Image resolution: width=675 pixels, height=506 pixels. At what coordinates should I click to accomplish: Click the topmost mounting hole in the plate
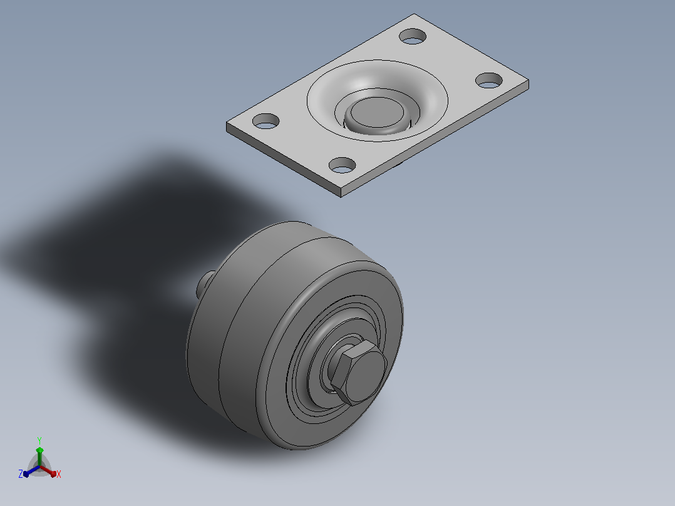[x=413, y=36]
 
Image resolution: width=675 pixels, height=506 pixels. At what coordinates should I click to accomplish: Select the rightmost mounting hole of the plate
[x=489, y=81]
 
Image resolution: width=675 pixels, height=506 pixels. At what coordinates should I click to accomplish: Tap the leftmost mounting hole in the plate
[x=265, y=121]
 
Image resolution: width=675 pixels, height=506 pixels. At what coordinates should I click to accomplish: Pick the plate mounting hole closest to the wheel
[x=343, y=165]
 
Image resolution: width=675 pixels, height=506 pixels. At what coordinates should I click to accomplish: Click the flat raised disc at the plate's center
[x=377, y=113]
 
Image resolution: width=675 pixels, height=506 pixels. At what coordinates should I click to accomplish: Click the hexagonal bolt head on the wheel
[x=358, y=372]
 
